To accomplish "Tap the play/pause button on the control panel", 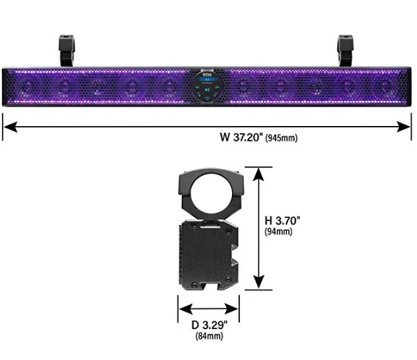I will (208, 88).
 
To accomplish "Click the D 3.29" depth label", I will (208, 325).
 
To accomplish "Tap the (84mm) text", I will (208, 337).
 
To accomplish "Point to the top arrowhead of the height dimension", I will (258, 172).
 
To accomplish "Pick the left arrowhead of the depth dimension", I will (182, 309).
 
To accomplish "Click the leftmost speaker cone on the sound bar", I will (27, 86).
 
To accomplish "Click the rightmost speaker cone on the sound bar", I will (385, 86).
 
